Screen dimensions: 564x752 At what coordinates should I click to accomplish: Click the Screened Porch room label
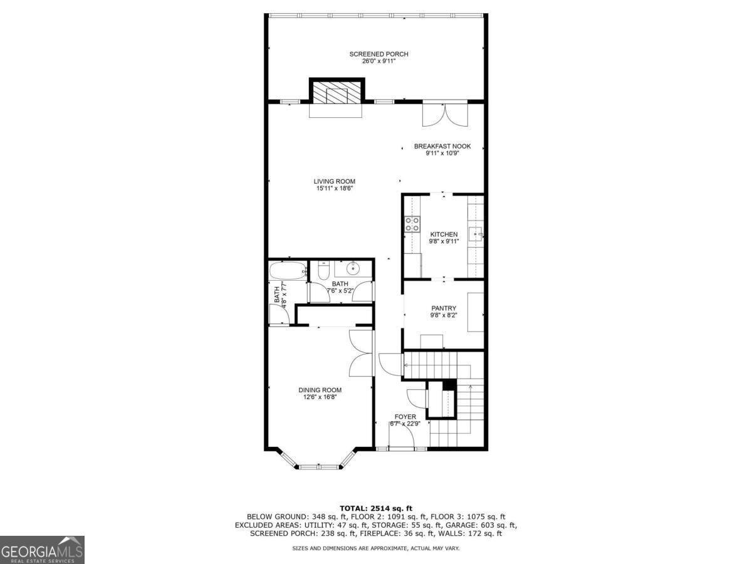point(379,55)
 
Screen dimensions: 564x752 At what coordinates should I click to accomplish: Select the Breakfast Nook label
point(442,147)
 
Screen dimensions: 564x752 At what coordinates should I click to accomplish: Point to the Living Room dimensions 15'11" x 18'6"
point(334,188)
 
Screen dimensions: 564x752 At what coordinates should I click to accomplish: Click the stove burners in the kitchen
point(412,224)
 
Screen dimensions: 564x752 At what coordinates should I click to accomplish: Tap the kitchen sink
point(476,235)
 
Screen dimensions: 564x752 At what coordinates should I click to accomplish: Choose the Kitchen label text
point(444,234)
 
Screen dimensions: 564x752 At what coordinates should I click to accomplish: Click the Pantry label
point(444,308)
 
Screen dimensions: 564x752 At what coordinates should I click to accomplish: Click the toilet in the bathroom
point(323,271)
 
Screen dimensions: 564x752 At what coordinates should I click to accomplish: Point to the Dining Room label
point(320,390)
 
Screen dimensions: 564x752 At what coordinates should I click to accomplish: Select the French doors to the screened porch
point(444,114)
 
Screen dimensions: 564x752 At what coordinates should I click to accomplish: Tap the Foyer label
point(405,417)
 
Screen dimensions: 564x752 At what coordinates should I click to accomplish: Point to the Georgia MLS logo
point(42,550)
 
